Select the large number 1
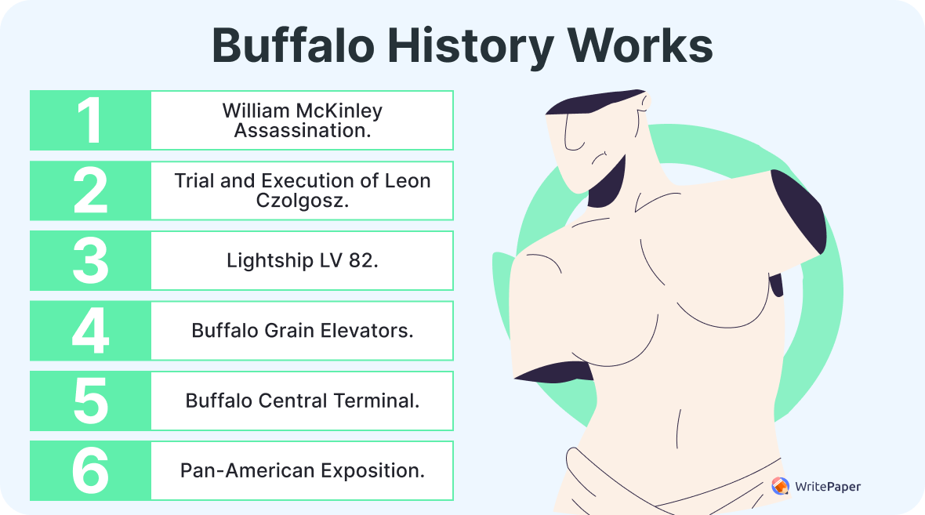click(90, 121)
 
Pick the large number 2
click(90, 190)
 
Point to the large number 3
click(90, 260)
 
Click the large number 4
click(90, 331)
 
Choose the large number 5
click(90, 401)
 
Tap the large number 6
click(90, 470)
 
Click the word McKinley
click(337, 111)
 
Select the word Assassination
click(303, 131)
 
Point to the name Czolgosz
click(302, 201)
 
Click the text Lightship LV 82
click(303, 260)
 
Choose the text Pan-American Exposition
click(303, 470)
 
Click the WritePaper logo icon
click(780, 487)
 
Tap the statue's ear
click(644, 103)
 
